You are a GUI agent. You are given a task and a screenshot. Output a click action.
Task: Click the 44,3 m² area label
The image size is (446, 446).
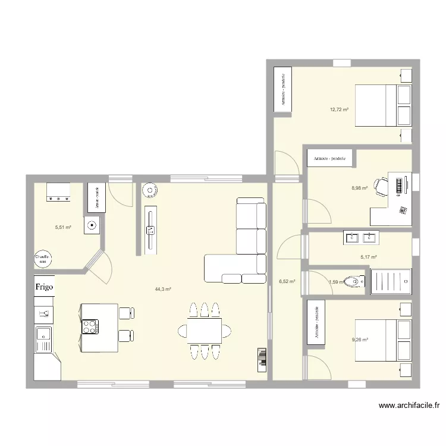click(163, 290)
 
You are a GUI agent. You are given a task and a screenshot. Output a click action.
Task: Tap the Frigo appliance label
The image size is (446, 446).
click(43, 287)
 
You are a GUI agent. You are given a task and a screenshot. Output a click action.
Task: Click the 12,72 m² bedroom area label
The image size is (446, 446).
click(339, 109)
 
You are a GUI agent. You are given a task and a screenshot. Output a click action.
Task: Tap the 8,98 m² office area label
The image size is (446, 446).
click(359, 188)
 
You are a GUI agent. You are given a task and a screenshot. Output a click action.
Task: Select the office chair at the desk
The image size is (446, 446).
click(381, 185)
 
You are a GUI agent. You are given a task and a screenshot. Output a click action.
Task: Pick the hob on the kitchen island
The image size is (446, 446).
click(90, 326)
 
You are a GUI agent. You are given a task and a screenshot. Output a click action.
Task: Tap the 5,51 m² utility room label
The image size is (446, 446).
click(63, 227)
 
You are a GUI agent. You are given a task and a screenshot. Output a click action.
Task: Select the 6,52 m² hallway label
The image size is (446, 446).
click(287, 282)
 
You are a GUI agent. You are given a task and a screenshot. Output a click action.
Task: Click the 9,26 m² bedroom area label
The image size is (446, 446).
click(360, 340)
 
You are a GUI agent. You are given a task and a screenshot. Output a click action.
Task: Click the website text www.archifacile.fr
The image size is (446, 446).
click(410, 406)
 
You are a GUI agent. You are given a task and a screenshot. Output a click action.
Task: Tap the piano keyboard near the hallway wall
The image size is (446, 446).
click(261, 359)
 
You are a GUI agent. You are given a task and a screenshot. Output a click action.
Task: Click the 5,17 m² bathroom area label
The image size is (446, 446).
click(369, 257)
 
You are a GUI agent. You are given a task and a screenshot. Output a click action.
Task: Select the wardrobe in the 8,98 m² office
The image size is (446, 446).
click(330, 158)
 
